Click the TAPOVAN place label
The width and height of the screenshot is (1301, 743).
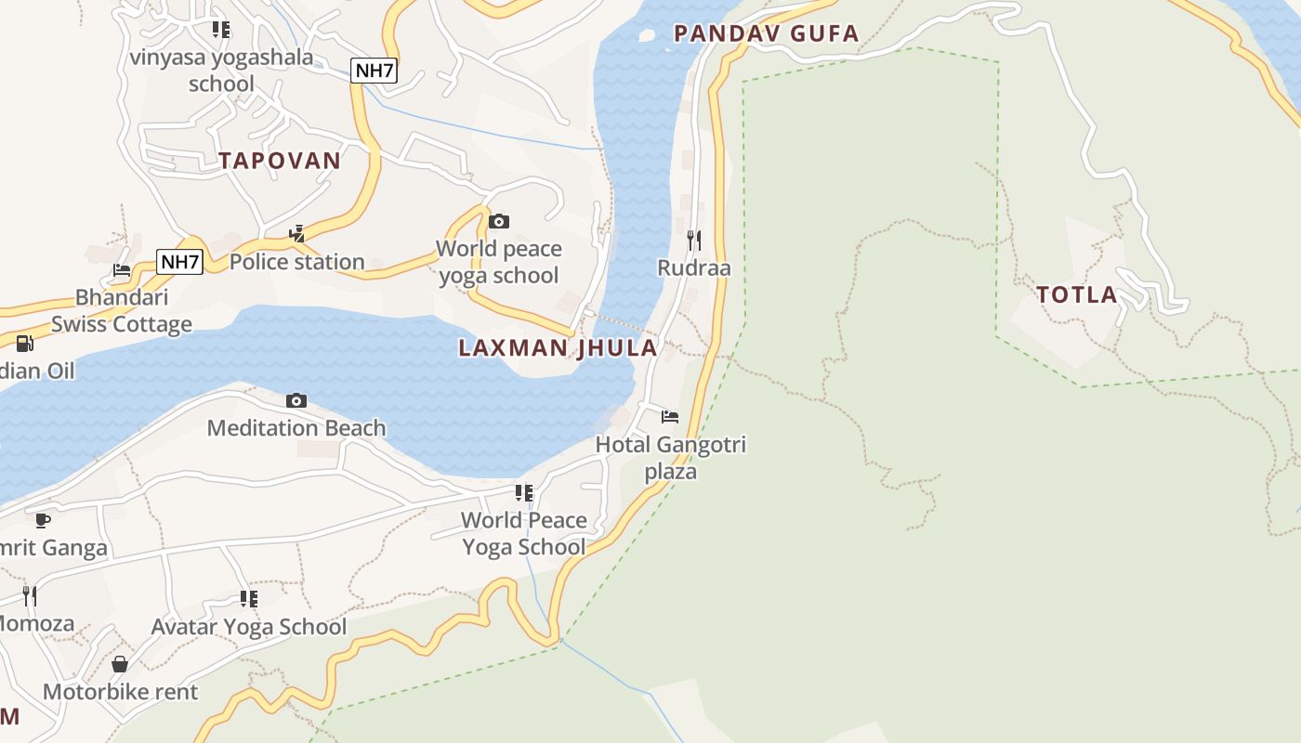(x=280, y=161)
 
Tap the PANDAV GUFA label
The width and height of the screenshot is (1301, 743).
(x=766, y=34)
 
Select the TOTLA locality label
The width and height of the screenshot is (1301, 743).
(x=1077, y=295)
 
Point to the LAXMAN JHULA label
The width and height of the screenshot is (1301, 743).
(x=558, y=348)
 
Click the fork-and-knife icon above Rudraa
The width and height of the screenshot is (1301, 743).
(x=693, y=241)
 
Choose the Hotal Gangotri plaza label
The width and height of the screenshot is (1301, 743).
(x=670, y=458)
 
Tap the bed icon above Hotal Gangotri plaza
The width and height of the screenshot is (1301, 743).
(x=670, y=416)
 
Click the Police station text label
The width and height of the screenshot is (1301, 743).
(x=296, y=262)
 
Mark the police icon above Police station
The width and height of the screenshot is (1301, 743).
(x=296, y=234)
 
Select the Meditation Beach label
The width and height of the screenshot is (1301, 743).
(x=296, y=428)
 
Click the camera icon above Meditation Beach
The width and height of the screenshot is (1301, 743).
(x=296, y=400)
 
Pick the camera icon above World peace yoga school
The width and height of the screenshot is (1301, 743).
(x=499, y=221)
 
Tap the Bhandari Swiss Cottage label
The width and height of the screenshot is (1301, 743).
(x=122, y=310)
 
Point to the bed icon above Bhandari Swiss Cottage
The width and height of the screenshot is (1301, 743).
(x=122, y=270)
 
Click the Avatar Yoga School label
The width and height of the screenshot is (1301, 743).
(x=249, y=627)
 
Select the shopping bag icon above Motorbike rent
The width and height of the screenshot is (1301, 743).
(x=120, y=664)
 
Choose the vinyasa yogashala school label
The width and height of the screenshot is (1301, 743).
(x=221, y=71)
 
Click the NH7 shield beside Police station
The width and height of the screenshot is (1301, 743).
(x=179, y=262)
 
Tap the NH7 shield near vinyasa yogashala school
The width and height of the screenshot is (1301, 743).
(x=375, y=71)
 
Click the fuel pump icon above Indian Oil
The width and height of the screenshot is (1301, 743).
(x=25, y=344)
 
